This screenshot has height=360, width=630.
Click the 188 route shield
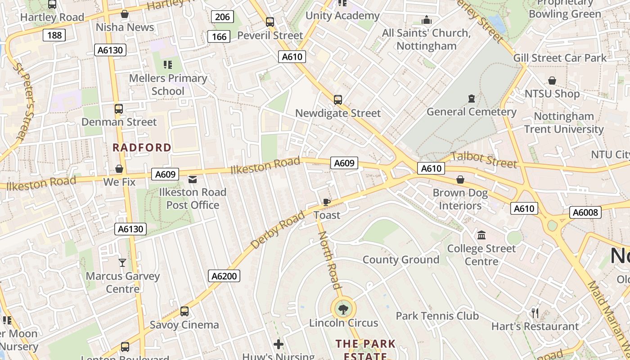(54, 35)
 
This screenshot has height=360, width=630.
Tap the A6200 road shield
(224, 276)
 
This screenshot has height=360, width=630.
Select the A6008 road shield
(585, 212)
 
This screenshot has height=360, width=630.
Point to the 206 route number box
(222, 17)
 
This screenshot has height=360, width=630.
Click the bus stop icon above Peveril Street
(270, 22)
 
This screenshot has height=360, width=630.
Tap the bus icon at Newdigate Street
(337, 100)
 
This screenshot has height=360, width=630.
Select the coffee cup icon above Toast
(327, 202)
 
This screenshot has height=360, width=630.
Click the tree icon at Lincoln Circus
(343, 309)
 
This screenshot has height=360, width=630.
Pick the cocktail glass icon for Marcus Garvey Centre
(122, 262)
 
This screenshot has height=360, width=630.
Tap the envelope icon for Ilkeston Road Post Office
(193, 180)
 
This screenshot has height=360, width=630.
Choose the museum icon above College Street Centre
(481, 235)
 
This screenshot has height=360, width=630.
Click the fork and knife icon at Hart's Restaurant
(535, 313)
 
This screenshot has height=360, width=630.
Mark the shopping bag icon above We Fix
(119, 169)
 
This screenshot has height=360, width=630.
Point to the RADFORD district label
(142, 148)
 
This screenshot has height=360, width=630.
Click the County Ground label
(400, 260)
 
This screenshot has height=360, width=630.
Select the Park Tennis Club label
(437, 316)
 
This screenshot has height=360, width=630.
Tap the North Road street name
(329, 260)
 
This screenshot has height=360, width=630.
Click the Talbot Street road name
(484, 160)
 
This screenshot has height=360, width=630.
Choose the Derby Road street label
(278, 229)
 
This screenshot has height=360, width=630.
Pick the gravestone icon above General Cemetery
(471, 98)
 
